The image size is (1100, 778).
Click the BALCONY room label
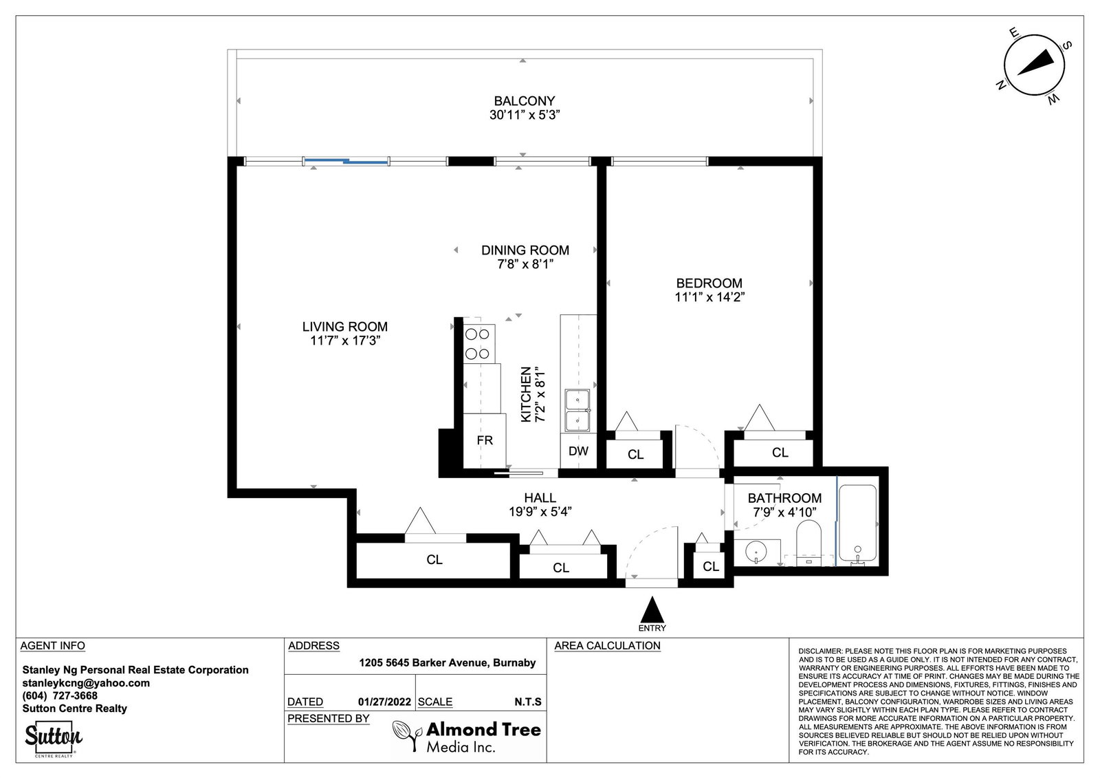pyautogui.click(x=524, y=100)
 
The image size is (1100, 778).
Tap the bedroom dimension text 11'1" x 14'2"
pyautogui.click(x=709, y=297)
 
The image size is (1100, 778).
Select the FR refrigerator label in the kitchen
pyautogui.click(x=484, y=440)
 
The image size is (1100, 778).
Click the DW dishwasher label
pyautogui.click(x=578, y=451)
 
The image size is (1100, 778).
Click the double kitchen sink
pyautogui.click(x=577, y=411)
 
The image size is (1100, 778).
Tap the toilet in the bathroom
pyautogui.click(x=808, y=543)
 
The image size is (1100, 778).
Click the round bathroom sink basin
pyautogui.click(x=756, y=552)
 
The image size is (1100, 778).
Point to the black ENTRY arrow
pyautogui.click(x=652, y=610)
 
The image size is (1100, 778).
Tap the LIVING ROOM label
pyautogui.click(x=344, y=326)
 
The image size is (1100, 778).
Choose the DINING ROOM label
pyautogui.click(x=525, y=250)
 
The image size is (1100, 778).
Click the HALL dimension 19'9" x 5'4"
pyautogui.click(x=540, y=512)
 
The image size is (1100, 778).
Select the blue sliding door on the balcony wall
pyautogui.click(x=346, y=161)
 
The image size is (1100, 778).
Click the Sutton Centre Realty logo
pyautogui.click(x=54, y=738)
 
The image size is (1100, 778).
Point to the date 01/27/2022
pyautogui.click(x=384, y=702)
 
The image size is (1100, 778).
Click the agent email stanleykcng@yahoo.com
pyautogui.click(x=86, y=683)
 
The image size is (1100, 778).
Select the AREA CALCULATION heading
pyautogui.click(x=608, y=646)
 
